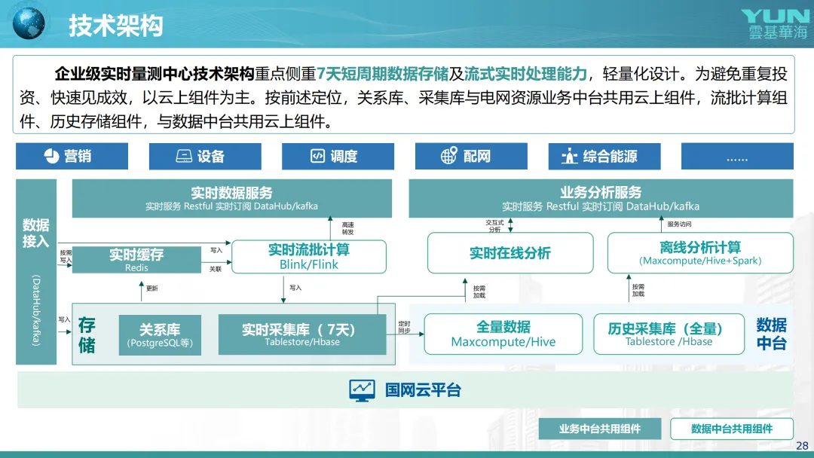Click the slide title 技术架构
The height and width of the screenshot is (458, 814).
[115, 26]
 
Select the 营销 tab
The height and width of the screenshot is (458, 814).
[72, 156]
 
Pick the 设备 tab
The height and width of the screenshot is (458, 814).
[205, 156]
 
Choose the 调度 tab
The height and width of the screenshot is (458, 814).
[338, 156]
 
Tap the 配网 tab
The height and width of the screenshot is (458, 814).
[471, 156]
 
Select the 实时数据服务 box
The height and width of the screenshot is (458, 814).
[231, 198]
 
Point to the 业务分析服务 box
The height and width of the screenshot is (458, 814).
[601, 198]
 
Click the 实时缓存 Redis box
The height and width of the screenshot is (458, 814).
[136, 259]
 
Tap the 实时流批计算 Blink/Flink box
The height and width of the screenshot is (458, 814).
[309, 256]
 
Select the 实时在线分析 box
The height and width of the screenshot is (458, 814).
[510, 253]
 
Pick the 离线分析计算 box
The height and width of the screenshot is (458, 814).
[700, 253]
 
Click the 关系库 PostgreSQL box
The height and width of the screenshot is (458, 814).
[160, 335]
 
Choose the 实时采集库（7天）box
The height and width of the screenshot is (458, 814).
[298, 334]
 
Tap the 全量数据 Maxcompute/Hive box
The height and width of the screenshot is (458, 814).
[503, 334]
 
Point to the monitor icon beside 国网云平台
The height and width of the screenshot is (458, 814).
[362, 390]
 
